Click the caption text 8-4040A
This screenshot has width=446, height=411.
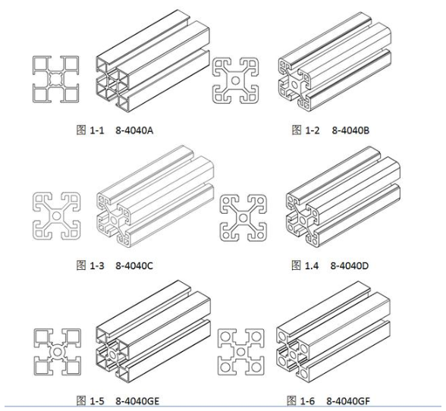pos(134,130)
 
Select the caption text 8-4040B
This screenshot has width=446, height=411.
pos(350,130)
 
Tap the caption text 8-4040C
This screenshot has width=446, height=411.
pos(134,265)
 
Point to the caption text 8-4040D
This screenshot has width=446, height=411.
pos(350,265)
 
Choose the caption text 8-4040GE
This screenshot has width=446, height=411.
pos(137,401)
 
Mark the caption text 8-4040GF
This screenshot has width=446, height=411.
pos(348,401)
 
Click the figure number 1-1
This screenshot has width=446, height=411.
pos(97,130)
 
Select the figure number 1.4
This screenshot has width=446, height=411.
pos(312,265)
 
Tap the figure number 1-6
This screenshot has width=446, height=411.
pos(308,401)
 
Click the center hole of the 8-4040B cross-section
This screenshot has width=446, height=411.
pos(235,80)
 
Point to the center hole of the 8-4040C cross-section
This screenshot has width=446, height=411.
pos(56,215)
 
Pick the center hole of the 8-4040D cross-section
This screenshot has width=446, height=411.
pos(243,218)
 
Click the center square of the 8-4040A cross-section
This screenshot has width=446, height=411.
pos(55,79)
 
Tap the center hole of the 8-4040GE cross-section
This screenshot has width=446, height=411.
pos(57,352)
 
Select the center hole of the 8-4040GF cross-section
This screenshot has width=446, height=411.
pos(240,352)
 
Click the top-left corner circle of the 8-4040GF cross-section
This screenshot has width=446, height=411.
pos(225,336)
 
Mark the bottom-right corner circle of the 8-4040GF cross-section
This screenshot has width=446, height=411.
pos(256,367)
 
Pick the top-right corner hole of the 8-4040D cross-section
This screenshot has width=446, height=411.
pos(259,201)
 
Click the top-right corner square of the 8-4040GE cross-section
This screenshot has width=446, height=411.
pos(73,337)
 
